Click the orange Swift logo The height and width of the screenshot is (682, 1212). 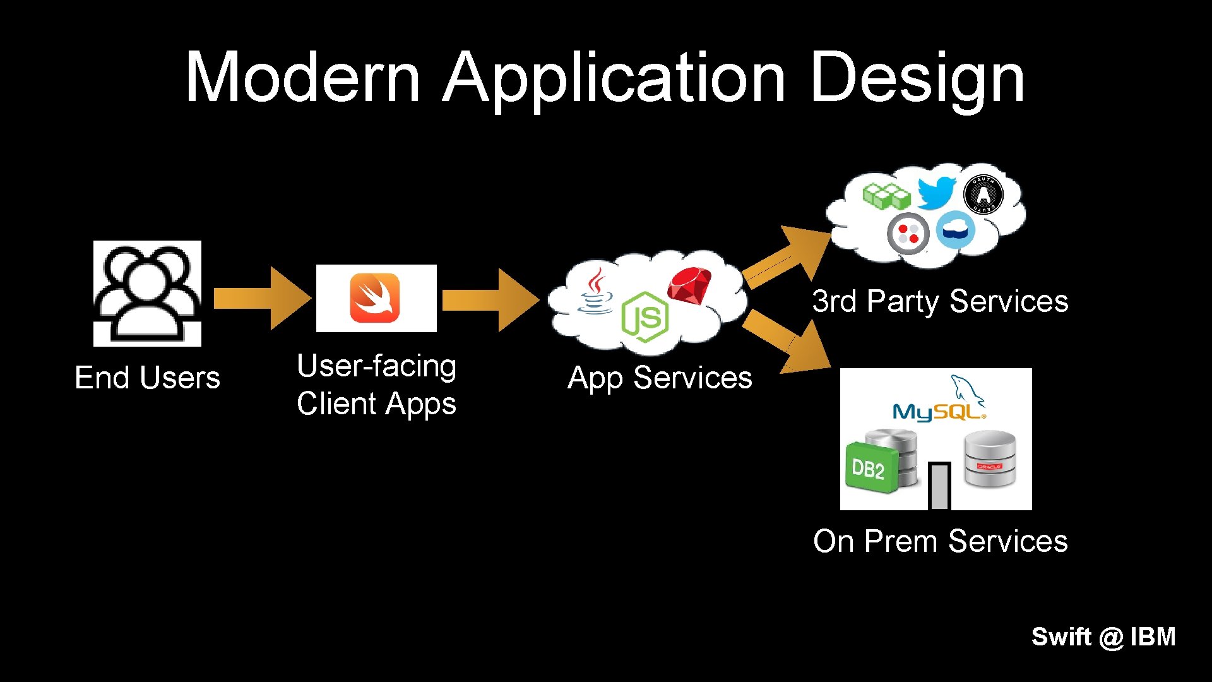375,298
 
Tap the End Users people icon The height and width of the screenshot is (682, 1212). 147,294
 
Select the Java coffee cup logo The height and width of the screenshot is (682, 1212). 595,291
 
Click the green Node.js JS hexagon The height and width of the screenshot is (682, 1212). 644,317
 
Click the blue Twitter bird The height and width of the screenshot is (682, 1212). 936,192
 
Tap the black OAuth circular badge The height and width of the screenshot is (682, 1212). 983,194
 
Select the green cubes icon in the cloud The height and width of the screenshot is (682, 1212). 886,196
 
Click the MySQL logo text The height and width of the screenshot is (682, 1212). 938,412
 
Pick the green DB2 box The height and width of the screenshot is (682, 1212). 870,468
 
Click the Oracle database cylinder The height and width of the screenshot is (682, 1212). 989,459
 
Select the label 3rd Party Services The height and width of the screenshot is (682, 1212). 940,301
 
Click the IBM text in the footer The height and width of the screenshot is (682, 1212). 1153,637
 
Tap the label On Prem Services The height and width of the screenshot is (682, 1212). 940,541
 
